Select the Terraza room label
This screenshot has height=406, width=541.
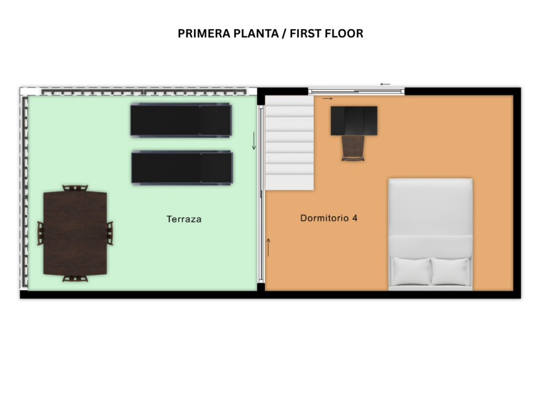184,219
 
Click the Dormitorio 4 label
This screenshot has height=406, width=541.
329,218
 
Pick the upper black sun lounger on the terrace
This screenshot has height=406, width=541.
181,121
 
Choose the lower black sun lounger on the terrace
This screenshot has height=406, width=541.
182,168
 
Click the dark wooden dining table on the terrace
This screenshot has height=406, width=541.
75,233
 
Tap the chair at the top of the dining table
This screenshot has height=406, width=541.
75,188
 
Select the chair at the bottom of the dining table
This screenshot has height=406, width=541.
75,278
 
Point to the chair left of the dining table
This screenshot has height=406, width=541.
40,233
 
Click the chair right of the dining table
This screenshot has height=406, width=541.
110,233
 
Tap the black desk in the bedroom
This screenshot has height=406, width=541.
354,121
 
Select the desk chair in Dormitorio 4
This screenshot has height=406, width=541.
353,149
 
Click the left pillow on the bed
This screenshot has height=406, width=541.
411,271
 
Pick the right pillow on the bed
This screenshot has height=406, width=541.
451,271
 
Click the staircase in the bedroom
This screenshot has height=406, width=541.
290,143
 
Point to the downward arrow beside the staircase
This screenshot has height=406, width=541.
254,141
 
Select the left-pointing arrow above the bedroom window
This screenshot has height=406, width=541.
385,84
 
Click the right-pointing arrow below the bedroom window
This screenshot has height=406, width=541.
328,99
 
